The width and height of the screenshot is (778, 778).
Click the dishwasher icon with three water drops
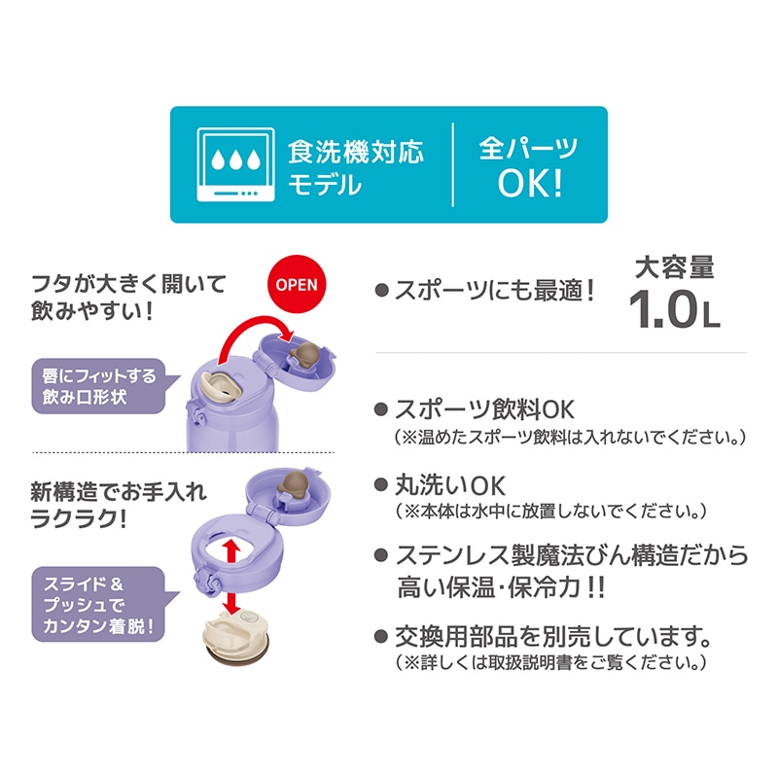[235, 164]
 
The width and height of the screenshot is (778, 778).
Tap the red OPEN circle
[297, 284]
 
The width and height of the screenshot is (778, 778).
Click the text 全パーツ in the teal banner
[529, 148]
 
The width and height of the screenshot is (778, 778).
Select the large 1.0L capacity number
[674, 308]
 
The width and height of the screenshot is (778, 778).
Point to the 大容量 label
[675, 266]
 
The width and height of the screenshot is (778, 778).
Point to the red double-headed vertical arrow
[231, 576]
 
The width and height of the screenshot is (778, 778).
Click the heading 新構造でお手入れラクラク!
[119, 505]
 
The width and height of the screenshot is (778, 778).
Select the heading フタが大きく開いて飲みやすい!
[128, 298]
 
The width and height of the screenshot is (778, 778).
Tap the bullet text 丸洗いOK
[450, 485]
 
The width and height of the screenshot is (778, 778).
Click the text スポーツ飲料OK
[484, 409]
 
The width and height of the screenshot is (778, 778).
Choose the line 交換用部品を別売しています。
[553, 636]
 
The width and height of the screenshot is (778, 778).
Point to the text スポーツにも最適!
[494, 290]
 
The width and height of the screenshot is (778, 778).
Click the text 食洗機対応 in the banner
[356, 151]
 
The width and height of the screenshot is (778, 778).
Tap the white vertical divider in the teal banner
[452, 164]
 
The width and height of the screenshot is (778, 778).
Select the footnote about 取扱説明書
[550, 662]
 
